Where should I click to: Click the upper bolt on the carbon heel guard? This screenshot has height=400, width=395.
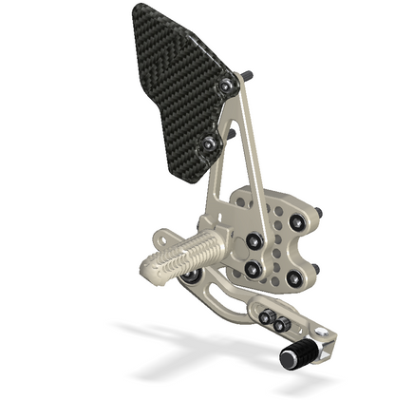[227, 86]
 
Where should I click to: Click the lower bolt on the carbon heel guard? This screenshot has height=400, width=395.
[210, 144]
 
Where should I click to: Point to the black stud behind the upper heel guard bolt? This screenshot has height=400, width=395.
[248, 75]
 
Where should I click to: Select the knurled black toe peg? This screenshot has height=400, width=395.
[298, 354]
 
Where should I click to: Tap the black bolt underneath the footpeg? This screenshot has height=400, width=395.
[193, 276]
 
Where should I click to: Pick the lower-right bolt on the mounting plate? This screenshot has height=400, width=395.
[295, 278]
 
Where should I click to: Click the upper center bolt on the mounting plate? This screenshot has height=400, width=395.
[254, 241]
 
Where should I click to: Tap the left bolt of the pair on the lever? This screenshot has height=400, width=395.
[267, 316]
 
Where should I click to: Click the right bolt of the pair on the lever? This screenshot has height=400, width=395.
[281, 323]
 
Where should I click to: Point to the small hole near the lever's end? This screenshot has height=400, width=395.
[320, 333]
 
